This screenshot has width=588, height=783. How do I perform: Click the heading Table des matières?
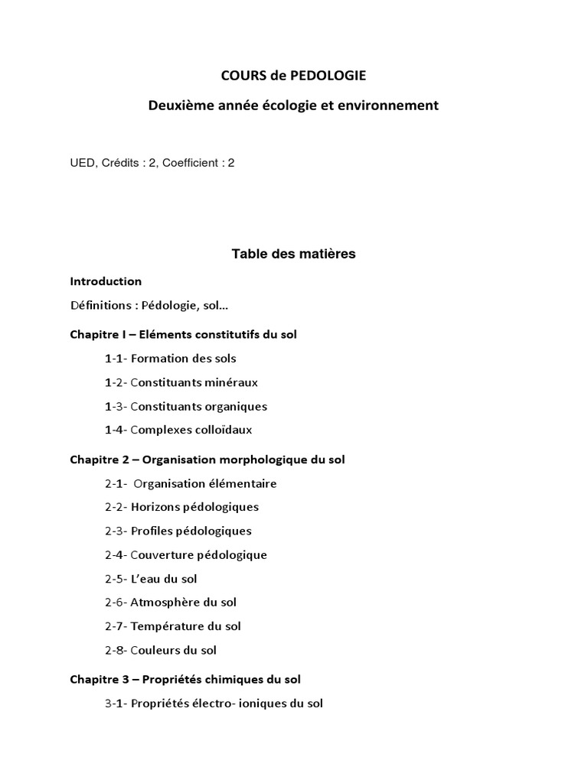[293, 254]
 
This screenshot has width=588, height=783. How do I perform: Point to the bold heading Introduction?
[106, 281]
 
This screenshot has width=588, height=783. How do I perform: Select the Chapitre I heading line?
[184, 334]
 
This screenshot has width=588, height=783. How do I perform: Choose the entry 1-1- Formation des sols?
[171, 358]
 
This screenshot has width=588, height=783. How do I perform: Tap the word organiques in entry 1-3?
[233, 406]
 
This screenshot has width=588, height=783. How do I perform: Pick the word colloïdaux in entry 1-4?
[220, 430]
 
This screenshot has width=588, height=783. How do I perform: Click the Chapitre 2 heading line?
[207, 460]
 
